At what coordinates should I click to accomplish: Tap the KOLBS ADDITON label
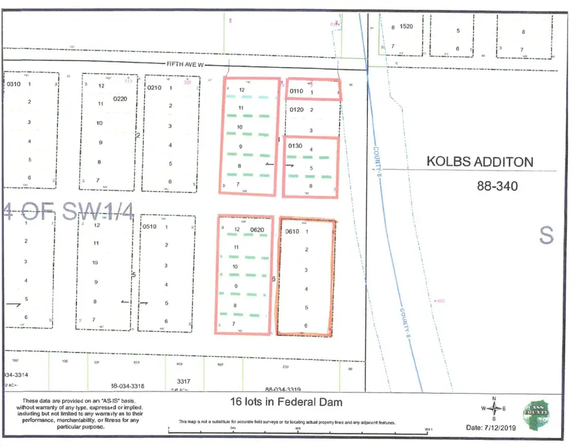tap(480, 161)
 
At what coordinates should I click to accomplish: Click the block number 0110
tap(296, 92)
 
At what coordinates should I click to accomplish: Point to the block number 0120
tap(296, 110)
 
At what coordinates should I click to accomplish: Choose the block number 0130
tap(295, 146)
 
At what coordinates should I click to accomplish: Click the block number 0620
tap(257, 230)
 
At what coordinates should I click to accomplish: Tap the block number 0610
tap(293, 232)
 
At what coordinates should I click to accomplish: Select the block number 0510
tap(150, 226)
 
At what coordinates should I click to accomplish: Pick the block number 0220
tap(120, 99)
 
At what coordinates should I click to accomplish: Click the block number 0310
tap(14, 84)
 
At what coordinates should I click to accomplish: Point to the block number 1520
tap(406, 27)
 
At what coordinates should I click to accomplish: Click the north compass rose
tap(494, 408)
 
